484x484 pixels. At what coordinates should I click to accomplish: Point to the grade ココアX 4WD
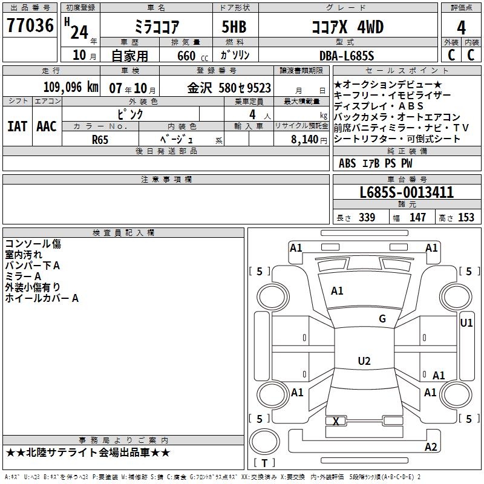click(x=347, y=27)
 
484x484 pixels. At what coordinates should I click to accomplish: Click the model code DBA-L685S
click(x=347, y=56)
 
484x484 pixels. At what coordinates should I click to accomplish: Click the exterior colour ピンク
click(x=130, y=114)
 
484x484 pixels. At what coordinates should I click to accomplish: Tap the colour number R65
click(x=100, y=139)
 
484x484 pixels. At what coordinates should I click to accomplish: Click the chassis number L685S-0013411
click(x=407, y=192)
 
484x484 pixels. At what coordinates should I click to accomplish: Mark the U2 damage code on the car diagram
click(x=364, y=361)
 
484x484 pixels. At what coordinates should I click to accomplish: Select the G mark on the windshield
click(x=382, y=319)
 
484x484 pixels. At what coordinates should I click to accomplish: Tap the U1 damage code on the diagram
click(x=466, y=323)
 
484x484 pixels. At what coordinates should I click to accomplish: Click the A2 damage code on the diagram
click(x=431, y=447)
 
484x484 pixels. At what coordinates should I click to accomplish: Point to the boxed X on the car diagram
click(x=336, y=421)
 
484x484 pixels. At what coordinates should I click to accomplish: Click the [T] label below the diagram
click(x=264, y=463)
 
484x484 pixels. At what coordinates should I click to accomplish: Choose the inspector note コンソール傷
click(x=33, y=244)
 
